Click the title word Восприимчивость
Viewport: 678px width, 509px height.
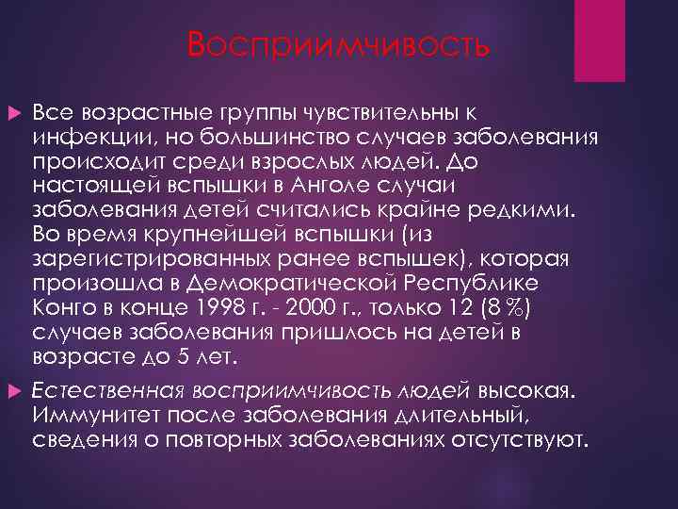click(x=338, y=44)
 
